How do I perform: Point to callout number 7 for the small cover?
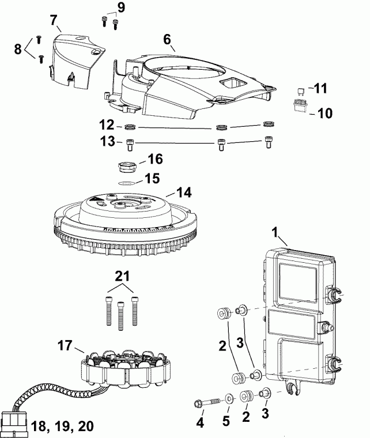[54, 21]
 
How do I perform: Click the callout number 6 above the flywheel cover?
[167, 40]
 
